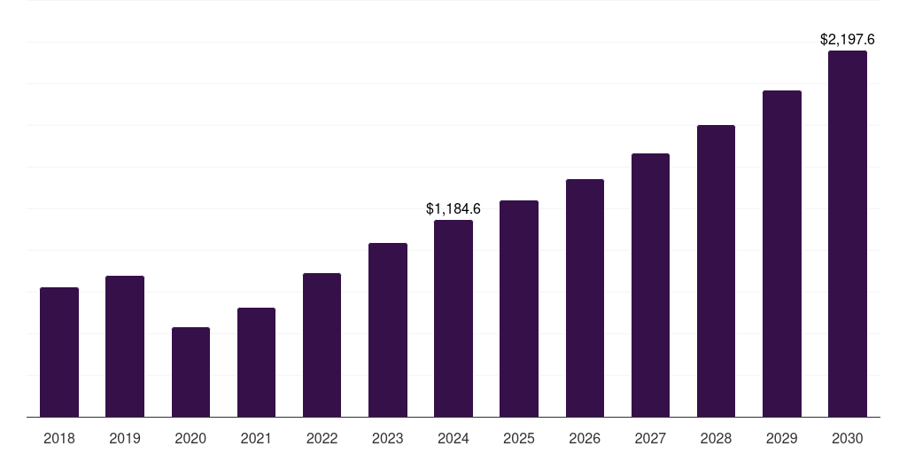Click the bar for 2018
pos(59,352)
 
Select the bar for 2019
pos(125,346)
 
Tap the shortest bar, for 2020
pos(190,372)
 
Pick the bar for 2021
pos(256,362)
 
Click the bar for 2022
pos(322,345)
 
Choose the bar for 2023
pos(388,330)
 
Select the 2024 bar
pos(453,318)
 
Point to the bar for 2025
pos(519,309)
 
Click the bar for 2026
pos(585,298)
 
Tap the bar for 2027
pos(650,285)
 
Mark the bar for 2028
pos(716,270)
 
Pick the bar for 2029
pos(782,254)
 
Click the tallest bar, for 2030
pos(848,233)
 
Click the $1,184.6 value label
pos(453,209)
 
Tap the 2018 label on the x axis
pos(59,438)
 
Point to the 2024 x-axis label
pos(453,438)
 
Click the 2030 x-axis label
pos(848,438)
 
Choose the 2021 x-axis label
pos(256,438)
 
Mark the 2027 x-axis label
pos(650,438)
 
